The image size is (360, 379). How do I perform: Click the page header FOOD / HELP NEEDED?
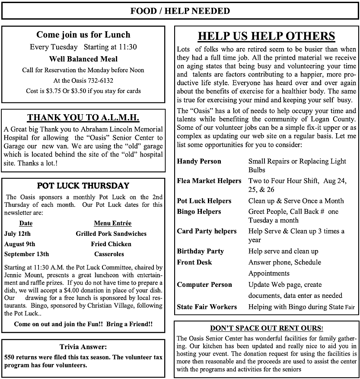pos(180,11)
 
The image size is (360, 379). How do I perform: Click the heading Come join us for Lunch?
pos(83,35)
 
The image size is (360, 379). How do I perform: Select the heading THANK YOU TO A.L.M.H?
pos(83,118)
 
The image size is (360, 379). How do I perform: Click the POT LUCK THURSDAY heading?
pos(83,186)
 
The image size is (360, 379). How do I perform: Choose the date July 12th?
pos(17,234)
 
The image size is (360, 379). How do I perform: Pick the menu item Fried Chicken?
pos(111,244)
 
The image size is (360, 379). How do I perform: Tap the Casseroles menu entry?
pos(109,254)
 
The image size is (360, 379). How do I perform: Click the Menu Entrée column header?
pos(112,223)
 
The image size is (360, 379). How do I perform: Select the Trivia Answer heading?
pos(83,347)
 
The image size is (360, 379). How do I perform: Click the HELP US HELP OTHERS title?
pos(266,36)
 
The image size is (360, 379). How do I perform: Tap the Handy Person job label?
pos(199,161)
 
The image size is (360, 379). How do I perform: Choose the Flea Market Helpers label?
pos(209,181)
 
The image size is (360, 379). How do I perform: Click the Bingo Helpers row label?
pos(199,212)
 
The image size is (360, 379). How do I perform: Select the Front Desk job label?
pos(194,262)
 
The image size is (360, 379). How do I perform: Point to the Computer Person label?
pos(204,285)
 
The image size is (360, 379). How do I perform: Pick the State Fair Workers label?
pos(207,307)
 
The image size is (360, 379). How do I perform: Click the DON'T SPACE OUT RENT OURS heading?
pos(266,328)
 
